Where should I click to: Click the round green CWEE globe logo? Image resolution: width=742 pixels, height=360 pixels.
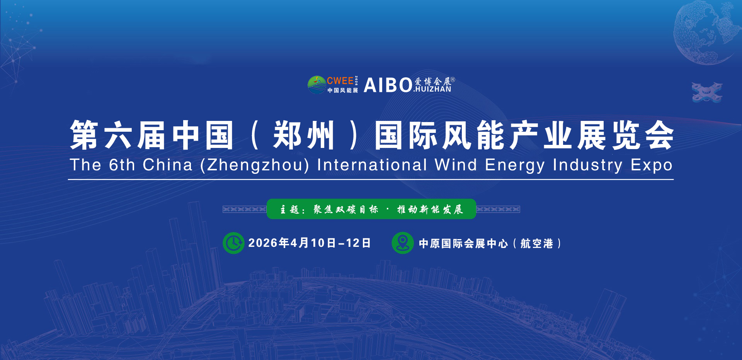pyautogui.click(x=317, y=85)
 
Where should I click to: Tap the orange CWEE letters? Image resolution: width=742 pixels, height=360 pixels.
pyautogui.click(x=340, y=81)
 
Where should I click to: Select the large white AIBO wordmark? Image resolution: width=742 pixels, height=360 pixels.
pyautogui.click(x=388, y=85)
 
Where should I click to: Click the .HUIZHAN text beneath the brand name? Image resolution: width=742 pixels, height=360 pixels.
pyautogui.click(x=432, y=89)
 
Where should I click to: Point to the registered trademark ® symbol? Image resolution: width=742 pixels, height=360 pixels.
pyautogui.click(x=453, y=80)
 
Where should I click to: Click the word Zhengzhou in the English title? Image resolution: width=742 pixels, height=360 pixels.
pyautogui.click(x=255, y=165)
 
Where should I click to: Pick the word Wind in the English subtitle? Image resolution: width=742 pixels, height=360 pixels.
pyautogui.click(x=456, y=165)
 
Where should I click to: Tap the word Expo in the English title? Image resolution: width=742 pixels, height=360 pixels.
pyautogui.click(x=652, y=165)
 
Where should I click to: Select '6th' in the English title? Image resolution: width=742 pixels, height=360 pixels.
pyautogui.click(x=122, y=165)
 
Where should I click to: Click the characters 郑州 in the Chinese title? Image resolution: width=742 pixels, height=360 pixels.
pyautogui.click(x=303, y=135)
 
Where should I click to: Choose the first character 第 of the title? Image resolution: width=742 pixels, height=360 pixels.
pyautogui.click(x=84, y=135)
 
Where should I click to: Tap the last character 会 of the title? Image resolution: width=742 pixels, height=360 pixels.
pyautogui.click(x=659, y=135)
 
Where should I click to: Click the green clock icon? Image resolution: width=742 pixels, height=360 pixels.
pyautogui.click(x=233, y=243)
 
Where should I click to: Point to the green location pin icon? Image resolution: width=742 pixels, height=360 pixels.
pyautogui.click(x=403, y=243)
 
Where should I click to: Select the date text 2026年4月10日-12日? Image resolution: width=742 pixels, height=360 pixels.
pyautogui.click(x=310, y=243)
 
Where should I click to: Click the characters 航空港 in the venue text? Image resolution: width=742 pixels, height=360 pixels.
pyautogui.click(x=537, y=243)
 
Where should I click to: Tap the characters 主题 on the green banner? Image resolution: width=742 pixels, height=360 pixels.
pyautogui.click(x=289, y=209)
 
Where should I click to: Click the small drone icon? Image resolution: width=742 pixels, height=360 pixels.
pyautogui.click(x=707, y=92)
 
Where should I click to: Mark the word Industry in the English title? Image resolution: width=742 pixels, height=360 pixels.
pyautogui.click(x=588, y=165)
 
